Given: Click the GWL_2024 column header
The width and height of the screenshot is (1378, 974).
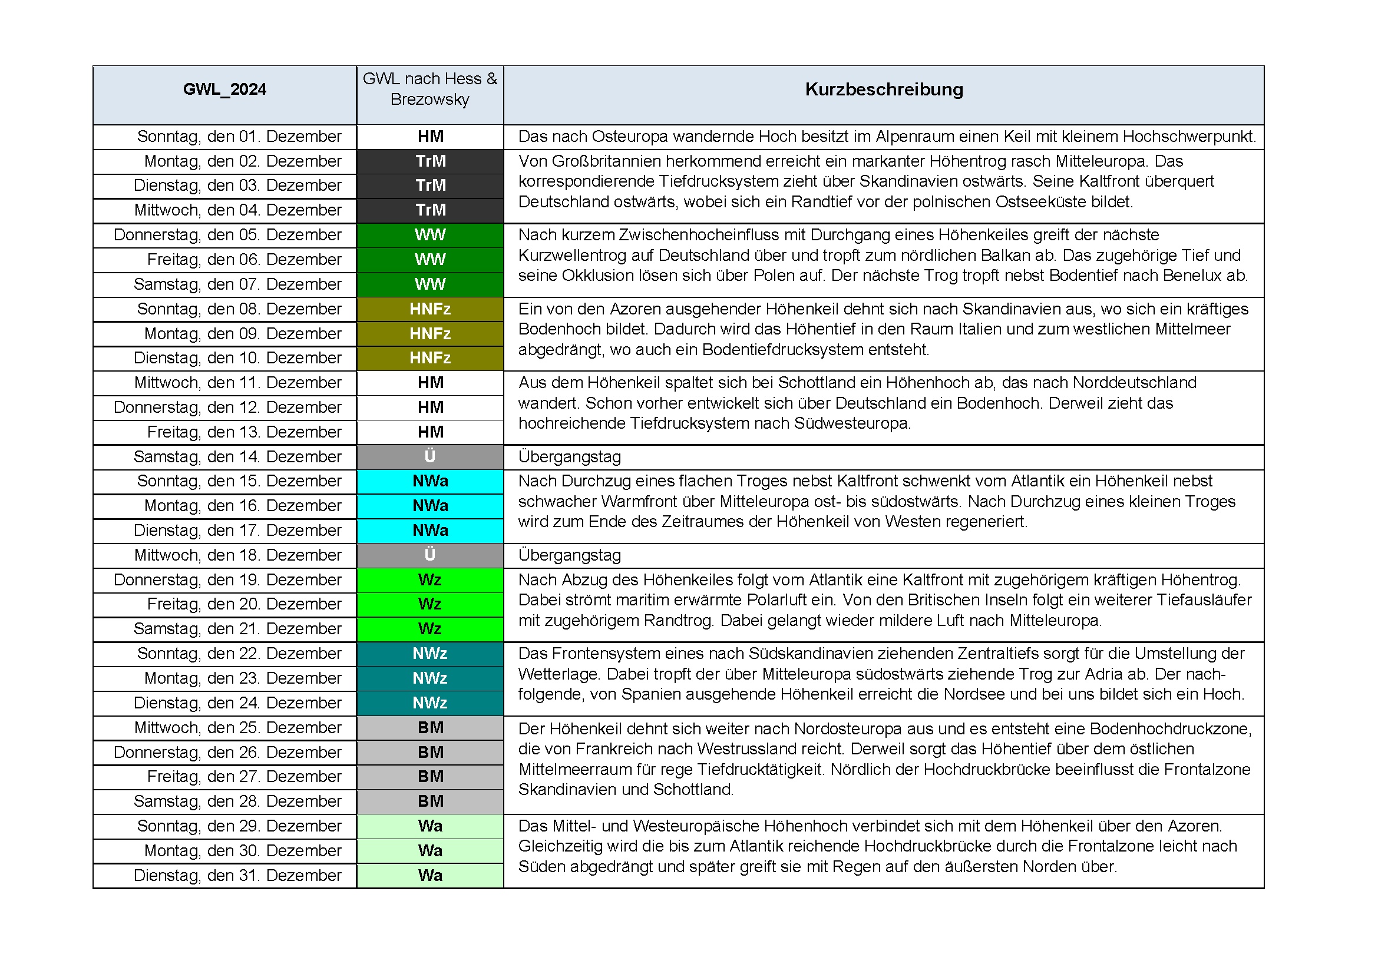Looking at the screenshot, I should coord(224,90).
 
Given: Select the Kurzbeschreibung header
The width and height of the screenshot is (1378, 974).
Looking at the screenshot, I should coord(884,90).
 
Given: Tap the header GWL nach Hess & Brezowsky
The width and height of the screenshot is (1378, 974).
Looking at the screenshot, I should coord(429,89).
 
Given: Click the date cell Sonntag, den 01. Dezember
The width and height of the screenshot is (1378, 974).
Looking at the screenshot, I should coord(239,137).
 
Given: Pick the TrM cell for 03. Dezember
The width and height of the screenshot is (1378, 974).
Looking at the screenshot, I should coord(430,185).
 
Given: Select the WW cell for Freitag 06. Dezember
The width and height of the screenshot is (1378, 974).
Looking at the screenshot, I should coord(430,260).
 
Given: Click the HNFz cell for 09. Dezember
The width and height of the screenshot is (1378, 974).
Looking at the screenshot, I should coord(430,333).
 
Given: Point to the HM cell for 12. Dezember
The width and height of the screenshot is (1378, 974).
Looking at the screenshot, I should coord(430,408).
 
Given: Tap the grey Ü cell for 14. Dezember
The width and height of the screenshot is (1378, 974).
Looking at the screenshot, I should coord(430,456).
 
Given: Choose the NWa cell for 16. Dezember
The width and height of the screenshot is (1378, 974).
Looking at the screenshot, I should coord(430,506).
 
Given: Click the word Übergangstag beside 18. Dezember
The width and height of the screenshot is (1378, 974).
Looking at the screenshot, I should coord(570,555).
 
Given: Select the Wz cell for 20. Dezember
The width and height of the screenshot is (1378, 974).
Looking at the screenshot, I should coord(430,604).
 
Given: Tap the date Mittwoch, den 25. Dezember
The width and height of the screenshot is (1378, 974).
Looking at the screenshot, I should coord(237,727).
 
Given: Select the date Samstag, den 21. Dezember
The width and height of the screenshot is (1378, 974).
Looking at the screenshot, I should coord(237,628).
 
